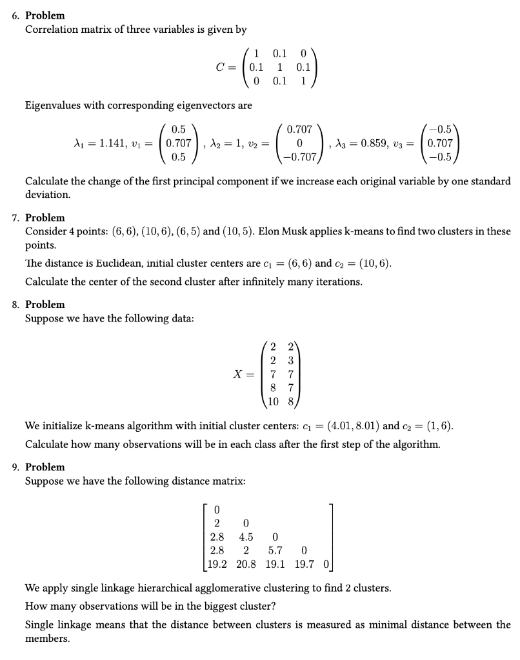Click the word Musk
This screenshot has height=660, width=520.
tap(300, 231)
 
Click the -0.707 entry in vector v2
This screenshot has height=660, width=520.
tap(302, 157)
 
